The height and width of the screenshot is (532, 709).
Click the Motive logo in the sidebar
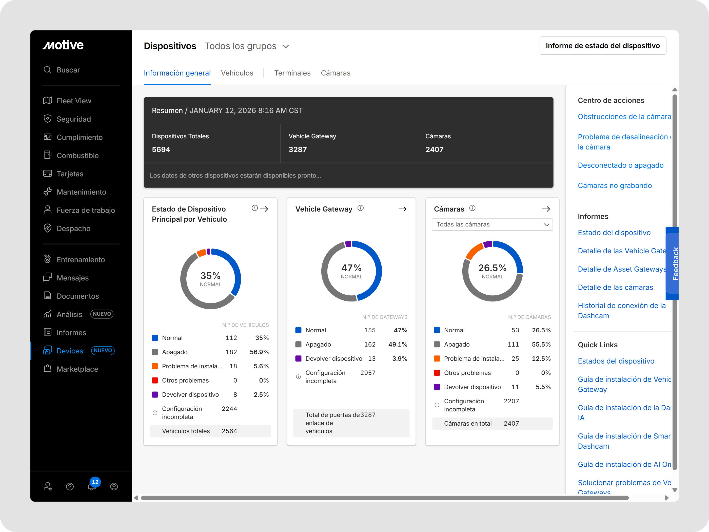click(63, 45)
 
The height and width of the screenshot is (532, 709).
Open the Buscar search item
click(68, 70)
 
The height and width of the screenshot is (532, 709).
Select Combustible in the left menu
click(77, 156)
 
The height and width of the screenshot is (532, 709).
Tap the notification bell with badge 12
click(92, 486)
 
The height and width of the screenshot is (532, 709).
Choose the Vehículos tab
click(237, 73)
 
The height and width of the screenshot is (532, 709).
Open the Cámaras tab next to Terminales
click(335, 73)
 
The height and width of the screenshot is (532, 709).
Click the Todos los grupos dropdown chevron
click(286, 47)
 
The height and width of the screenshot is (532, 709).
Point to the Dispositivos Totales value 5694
click(161, 149)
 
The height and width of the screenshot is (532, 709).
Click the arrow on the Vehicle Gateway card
click(402, 209)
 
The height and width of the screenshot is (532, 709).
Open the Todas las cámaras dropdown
click(492, 224)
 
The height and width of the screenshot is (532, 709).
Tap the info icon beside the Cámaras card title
click(472, 208)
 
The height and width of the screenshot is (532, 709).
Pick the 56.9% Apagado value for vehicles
click(259, 352)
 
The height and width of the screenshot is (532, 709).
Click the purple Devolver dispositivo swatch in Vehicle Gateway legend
click(298, 358)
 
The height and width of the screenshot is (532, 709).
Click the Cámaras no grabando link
click(615, 186)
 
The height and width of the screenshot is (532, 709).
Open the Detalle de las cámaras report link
click(615, 287)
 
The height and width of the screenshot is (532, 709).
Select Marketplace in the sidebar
click(77, 369)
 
